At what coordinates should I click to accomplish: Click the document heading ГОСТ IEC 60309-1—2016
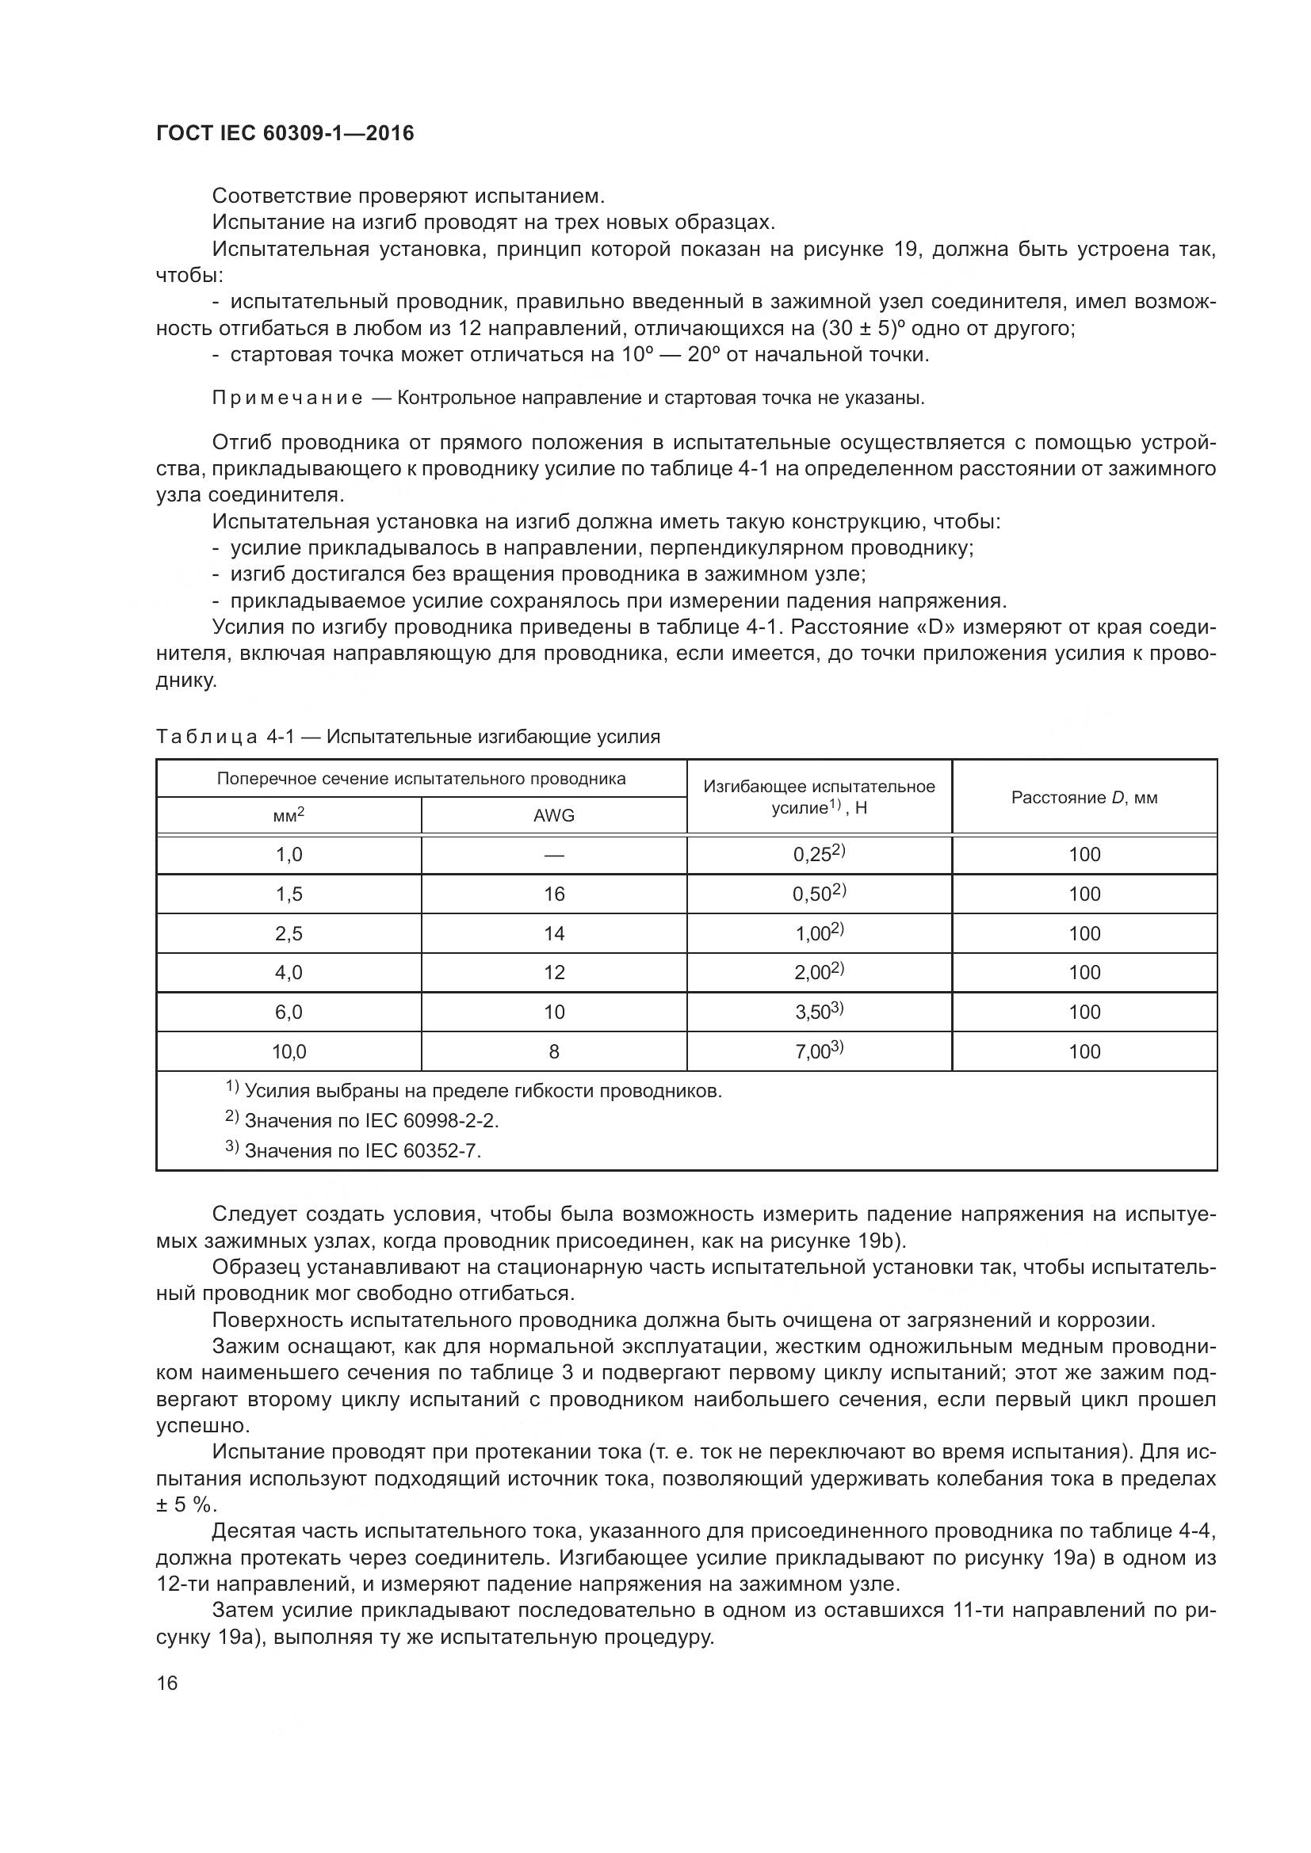tap(285, 134)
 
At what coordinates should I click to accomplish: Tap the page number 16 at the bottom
tap(167, 1683)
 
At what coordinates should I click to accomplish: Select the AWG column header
tap(554, 815)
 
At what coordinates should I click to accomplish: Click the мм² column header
tap(289, 815)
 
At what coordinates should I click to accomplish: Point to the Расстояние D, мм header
tap(1084, 798)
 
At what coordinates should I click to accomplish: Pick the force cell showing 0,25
tap(819, 855)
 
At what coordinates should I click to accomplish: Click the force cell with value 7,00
tap(819, 1051)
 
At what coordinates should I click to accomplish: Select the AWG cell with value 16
tap(554, 894)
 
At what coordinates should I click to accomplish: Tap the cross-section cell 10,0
tap(289, 1051)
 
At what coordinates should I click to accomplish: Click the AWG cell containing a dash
tap(554, 855)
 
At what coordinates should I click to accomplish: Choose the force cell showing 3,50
tap(819, 1012)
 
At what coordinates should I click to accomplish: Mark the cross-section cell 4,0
tap(289, 973)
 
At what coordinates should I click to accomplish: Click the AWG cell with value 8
tap(554, 1051)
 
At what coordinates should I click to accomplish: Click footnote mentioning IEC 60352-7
tap(362, 1150)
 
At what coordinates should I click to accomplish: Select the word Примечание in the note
tap(287, 398)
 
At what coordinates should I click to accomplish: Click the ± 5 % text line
tap(186, 1505)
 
